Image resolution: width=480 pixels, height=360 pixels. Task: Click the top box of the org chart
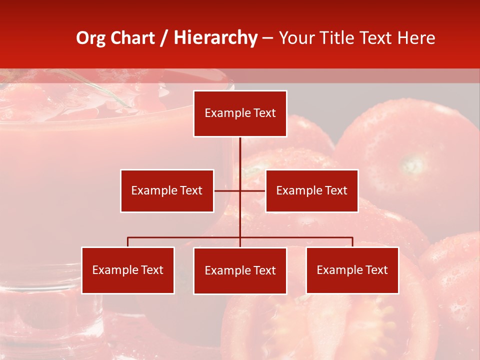pyautogui.click(x=240, y=113)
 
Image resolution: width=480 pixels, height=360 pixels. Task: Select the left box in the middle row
pyautogui.click(x=167, y=190)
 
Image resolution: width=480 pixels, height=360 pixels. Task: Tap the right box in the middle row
pyautogui.click(x=311, y=190)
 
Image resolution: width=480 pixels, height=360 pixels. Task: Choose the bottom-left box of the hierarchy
pyautogui.click(x=128, y=270)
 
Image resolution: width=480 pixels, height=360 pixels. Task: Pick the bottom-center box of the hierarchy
pyautogui.click(x=240, y=270)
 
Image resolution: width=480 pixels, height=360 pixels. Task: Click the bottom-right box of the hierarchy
pyautogui.click(x=352, y=270)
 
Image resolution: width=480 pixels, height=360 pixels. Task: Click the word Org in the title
pyautogui.click(x=90, y=38)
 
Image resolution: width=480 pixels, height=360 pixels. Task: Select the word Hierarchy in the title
pyautogui.click(x=215, y=38)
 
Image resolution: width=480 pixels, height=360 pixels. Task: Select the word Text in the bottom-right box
pyautogui.click(x=376, y=270)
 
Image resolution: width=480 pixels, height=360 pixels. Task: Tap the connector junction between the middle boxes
pyautogui.click(x=240, y=190)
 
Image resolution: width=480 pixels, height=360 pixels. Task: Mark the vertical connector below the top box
pyautogui.click(x=240, y=155)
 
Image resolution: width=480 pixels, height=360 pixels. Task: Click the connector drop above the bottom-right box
pyautogui.click(x=352, y=242)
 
